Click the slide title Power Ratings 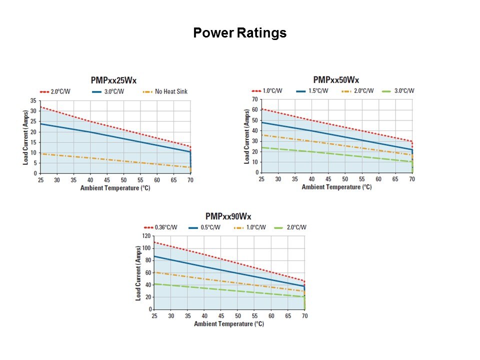(x=239, y=33)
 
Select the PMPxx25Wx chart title (x=113, y=80)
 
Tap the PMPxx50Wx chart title (x=336, y=79)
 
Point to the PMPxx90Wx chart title (x=228, y=216)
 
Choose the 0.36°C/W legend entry (x=164, y=227)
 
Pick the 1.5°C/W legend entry (x=318, y=91)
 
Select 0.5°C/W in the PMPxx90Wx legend (x=211, y=227)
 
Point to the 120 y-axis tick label (x=145, y=235)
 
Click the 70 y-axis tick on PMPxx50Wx (x=254, y=99)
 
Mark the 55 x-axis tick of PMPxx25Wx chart (x=140, y=180)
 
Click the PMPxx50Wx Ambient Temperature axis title (x=336, y=187)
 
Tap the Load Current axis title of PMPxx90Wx (x=138, y=273)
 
